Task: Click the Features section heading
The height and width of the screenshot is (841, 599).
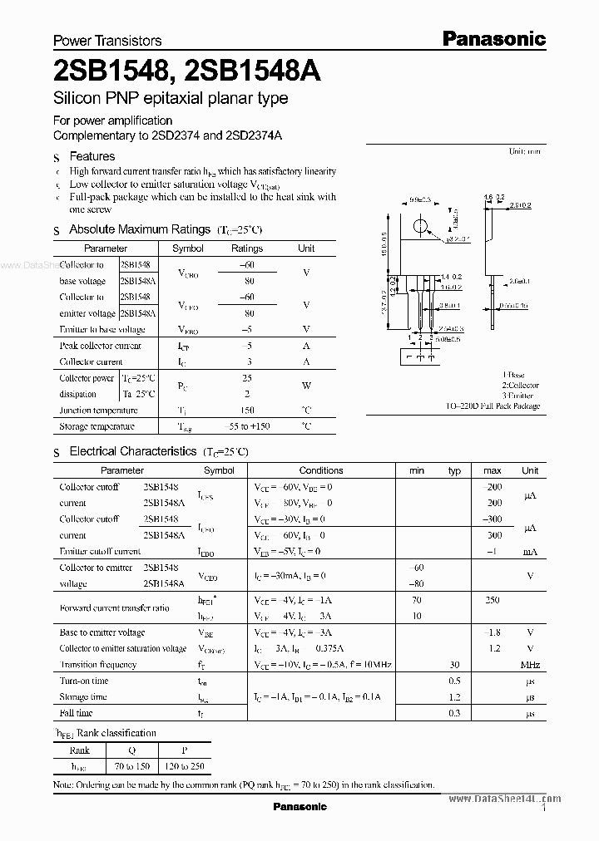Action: (92, 156)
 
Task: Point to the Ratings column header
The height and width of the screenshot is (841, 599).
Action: (247, 248)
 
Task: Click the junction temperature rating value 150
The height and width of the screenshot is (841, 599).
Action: (247, 410)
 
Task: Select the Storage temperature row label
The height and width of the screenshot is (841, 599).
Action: (97, 426)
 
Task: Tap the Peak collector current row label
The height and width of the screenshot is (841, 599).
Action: (101, 346)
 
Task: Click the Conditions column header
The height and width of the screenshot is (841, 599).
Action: (321, 470)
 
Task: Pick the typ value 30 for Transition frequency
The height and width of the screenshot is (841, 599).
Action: (455, 665)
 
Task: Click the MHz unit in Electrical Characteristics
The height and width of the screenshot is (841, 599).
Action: (530, 665)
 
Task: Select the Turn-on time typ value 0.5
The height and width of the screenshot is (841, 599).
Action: (455, 681)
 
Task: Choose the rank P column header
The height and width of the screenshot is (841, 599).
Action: (186, 750)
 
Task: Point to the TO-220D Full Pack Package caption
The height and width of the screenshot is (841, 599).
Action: (493, 406)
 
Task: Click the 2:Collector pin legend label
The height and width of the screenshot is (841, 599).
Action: (520, 386)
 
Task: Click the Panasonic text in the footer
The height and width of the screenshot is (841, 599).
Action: (300, 806)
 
